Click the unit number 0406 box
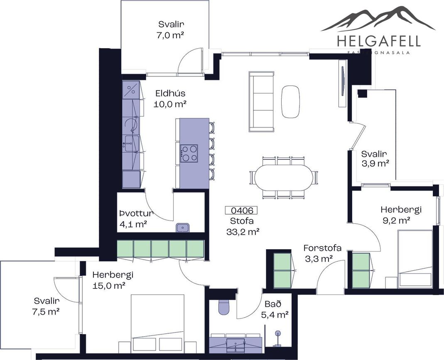pyautogui.click(x=241, y=210)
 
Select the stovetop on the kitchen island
pyautogui.click(x=189, y=153)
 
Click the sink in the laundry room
pyautogui.click(x=183, y=227)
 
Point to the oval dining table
pyautogui.click(x=283, y=177)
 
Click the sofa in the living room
pyautogui.click(x=261, y=102)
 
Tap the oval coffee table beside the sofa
pyautogui.click(x=290, y=102)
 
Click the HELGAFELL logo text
pyautogui.click(x=379, y=42)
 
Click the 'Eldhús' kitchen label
pyautogui.click(x=170, y=93)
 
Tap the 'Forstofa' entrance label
pyautogui.click(x=322, y=248)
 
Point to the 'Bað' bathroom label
pyautogui.click(x=273, y=304)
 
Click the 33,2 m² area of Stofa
pyautogui.click(x=243, y=232)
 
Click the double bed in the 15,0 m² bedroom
pyautogui.click(x=157, y=323)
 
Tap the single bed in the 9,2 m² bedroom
pyautogui.click(x=415, y=259)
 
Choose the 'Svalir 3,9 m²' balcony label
pyautogui.click(x=374, y=159)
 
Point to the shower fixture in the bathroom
pyautogui.click(x=278, y=339)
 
